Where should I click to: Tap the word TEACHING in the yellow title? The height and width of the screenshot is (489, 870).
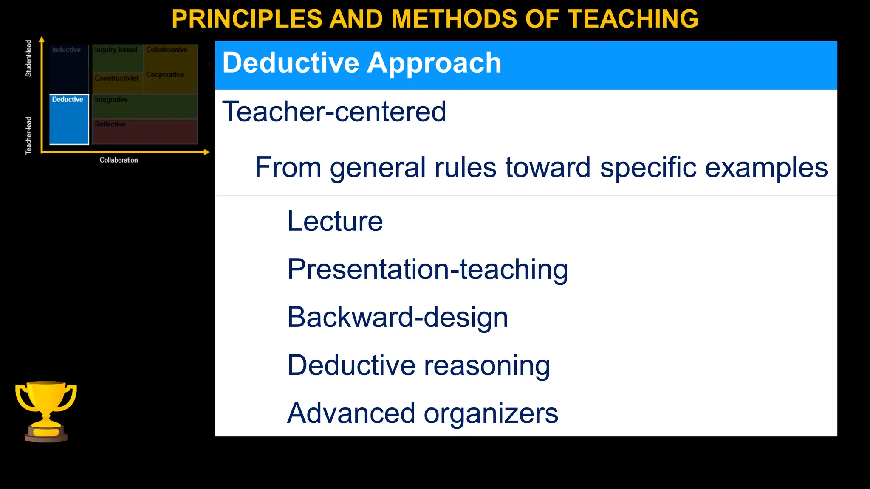633,19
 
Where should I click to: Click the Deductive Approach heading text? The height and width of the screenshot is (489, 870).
362,63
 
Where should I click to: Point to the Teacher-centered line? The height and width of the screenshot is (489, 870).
334,112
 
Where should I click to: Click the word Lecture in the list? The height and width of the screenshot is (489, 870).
335,221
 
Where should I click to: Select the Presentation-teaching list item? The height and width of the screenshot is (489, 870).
427,270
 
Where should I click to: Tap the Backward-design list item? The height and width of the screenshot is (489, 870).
398,318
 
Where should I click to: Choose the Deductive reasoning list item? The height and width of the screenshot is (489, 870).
418,365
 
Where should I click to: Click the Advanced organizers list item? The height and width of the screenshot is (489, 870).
423,413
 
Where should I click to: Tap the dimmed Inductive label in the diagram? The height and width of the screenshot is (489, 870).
66,50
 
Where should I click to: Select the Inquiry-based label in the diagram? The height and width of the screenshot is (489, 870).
116,50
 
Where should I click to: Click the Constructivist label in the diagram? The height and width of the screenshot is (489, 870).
117,78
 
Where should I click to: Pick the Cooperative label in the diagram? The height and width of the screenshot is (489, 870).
165,75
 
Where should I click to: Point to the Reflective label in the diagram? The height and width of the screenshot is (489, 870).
110,124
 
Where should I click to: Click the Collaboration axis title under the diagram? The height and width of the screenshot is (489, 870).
119,160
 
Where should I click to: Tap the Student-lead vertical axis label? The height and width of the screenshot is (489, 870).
28,58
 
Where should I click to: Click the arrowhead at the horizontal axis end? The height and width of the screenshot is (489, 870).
207,152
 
